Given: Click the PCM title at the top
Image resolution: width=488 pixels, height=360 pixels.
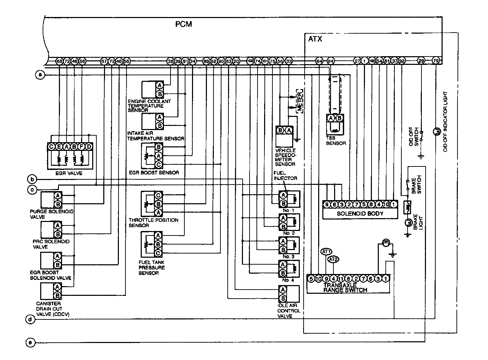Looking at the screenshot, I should (x=184, y=24).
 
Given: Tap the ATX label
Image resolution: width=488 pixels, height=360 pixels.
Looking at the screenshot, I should (x=315, y=39).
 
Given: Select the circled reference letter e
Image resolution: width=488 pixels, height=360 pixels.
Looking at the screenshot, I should (x=31, y=343).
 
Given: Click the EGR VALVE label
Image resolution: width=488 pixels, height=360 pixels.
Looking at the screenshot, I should (x=69, y=173).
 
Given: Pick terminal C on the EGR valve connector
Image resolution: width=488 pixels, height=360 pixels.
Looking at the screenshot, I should (x=51, y=147).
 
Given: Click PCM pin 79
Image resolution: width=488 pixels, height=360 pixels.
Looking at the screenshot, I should (x=436, y=61).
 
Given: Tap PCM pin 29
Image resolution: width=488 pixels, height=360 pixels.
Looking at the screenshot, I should (x=421, y=61).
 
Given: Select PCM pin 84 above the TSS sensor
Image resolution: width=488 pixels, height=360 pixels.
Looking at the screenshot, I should (x=330, y=61).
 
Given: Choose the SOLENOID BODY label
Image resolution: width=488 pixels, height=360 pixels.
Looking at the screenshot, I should (x=360, y=213).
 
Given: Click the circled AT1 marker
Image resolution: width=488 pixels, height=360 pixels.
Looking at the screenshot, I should (x=326, y=251).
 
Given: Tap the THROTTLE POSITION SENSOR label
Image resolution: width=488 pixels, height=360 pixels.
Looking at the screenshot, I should (x=153, y=223).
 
